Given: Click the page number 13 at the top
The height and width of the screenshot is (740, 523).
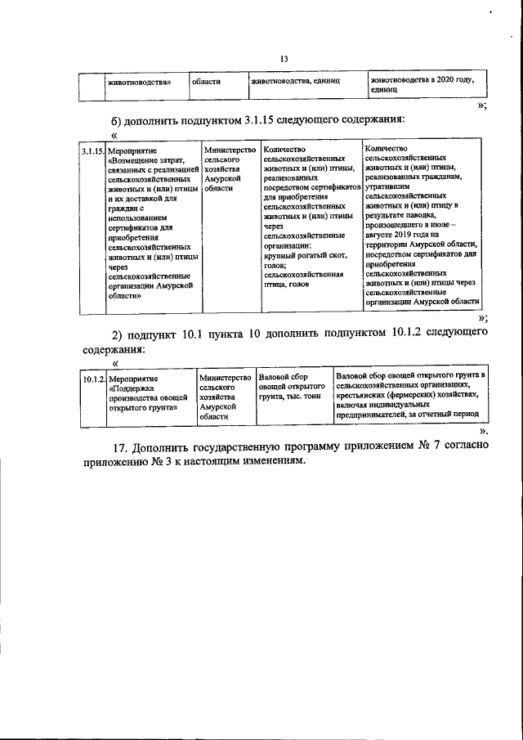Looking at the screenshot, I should (x=284, y=58).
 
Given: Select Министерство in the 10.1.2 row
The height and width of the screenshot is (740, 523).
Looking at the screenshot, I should (x=225, y=379).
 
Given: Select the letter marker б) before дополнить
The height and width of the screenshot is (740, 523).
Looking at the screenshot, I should (x=119, y=120).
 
